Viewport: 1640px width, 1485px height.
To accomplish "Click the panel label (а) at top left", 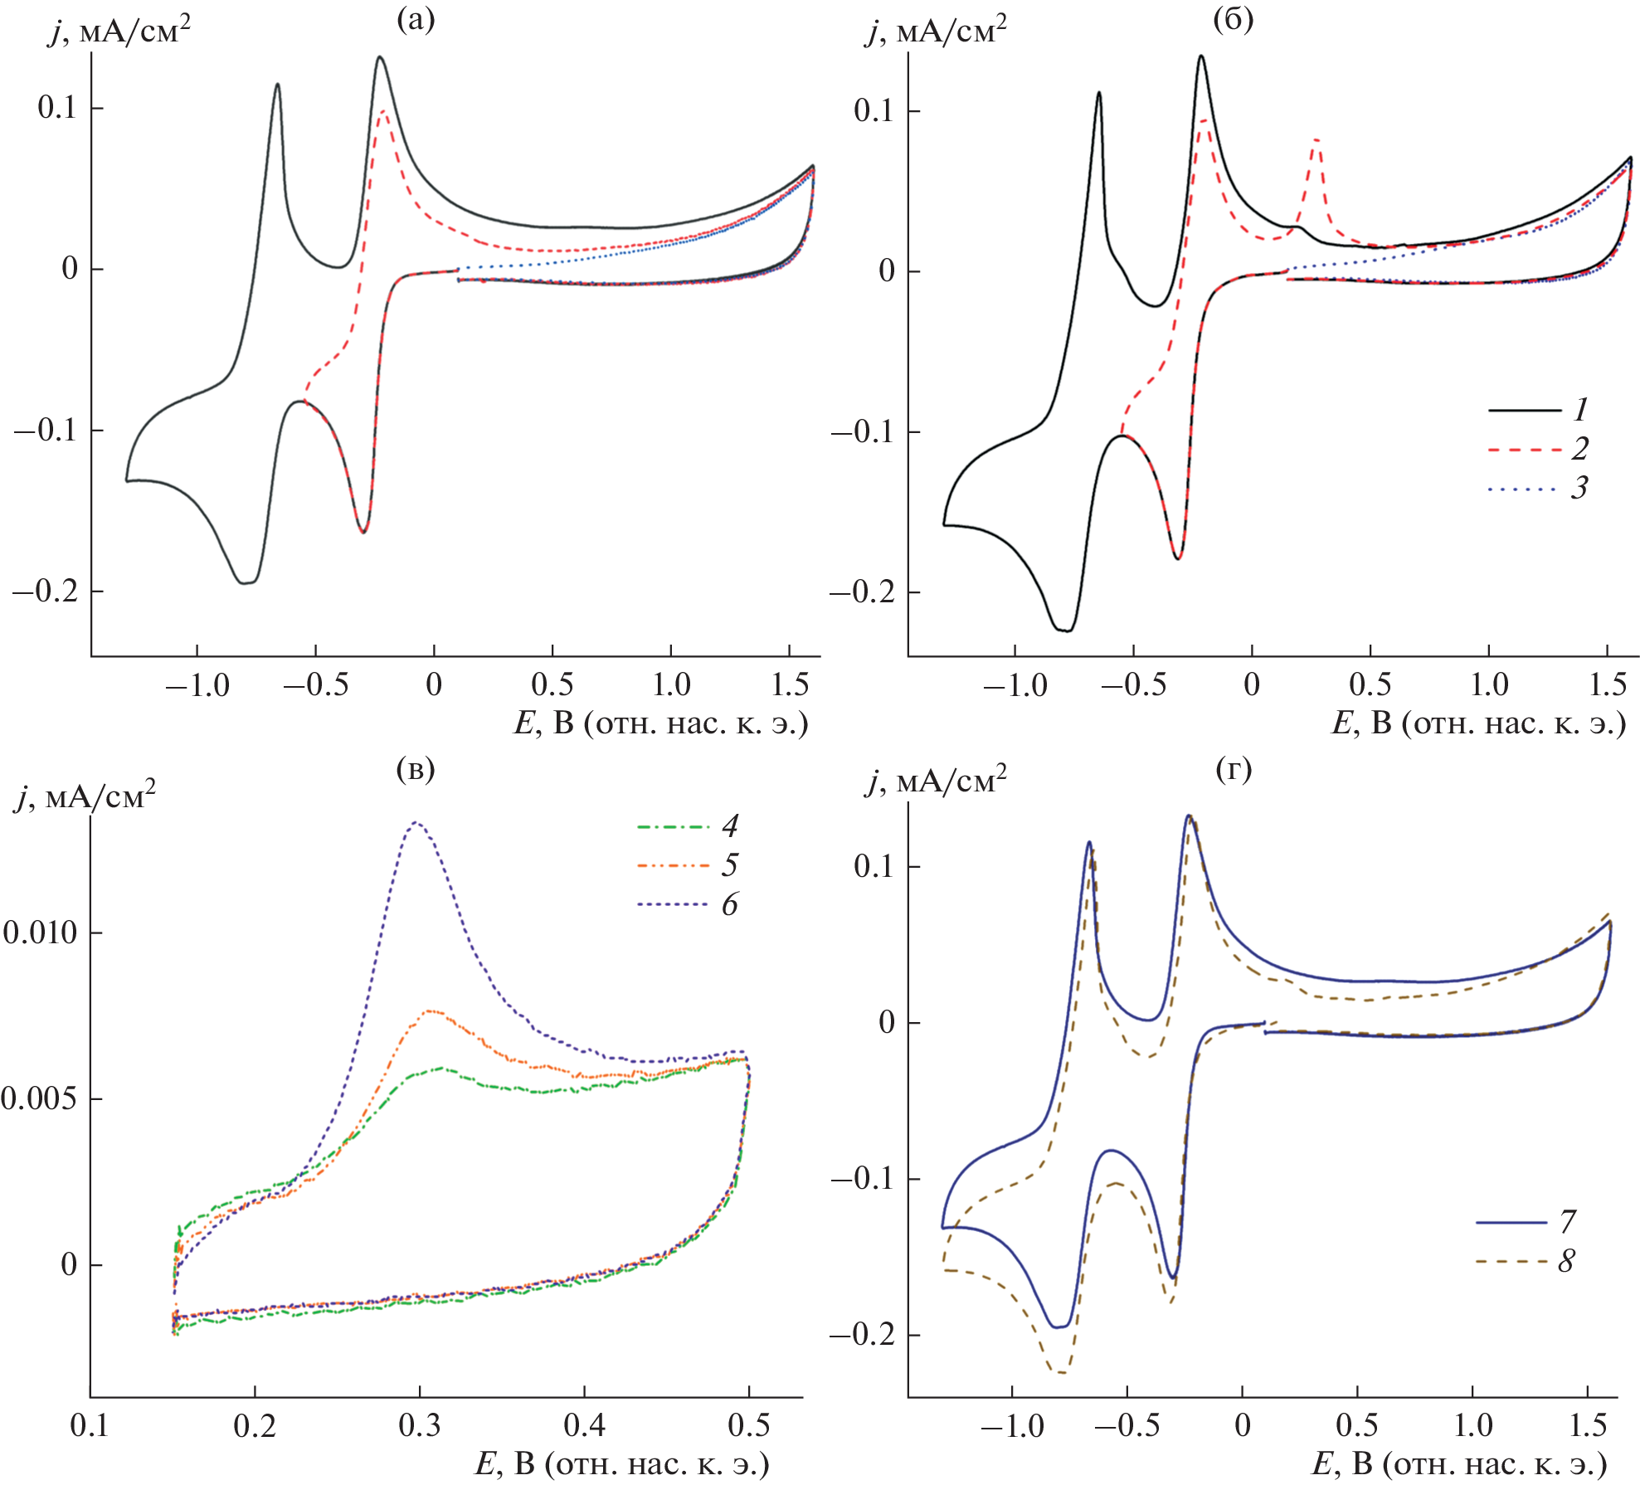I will [416, 19].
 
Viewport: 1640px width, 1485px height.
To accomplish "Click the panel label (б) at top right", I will [1233, 19].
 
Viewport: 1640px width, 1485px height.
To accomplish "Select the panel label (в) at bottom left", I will [416, 769].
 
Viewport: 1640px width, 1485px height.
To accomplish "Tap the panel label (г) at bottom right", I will [1234, 769].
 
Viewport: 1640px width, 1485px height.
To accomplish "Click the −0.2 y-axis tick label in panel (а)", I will [46, 592].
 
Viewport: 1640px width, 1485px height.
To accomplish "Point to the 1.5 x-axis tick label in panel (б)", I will [1608, 684].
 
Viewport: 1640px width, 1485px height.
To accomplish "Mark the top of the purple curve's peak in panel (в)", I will [415, 822].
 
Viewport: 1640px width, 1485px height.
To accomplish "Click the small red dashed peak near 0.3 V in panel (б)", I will [1316, 140].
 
